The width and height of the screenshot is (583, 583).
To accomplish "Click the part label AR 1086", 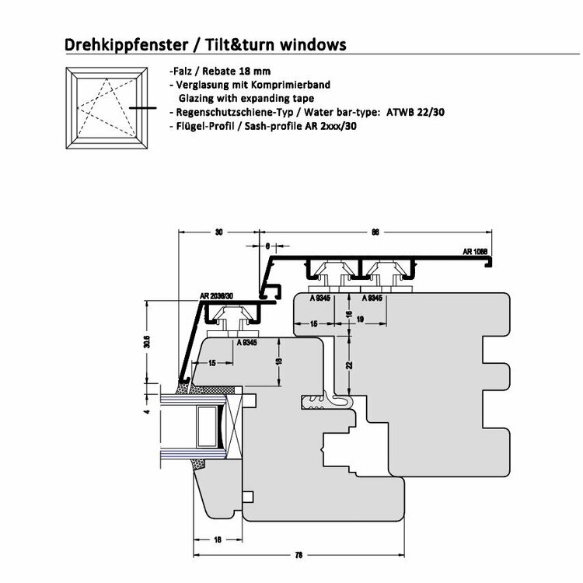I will (475, 252).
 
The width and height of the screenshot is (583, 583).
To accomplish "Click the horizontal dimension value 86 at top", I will (375, 232).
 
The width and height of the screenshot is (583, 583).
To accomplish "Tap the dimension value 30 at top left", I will (218, 232).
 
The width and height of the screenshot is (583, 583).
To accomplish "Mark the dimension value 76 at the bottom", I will (299, 554).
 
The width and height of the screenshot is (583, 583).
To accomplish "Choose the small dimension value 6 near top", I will (267, 246).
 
